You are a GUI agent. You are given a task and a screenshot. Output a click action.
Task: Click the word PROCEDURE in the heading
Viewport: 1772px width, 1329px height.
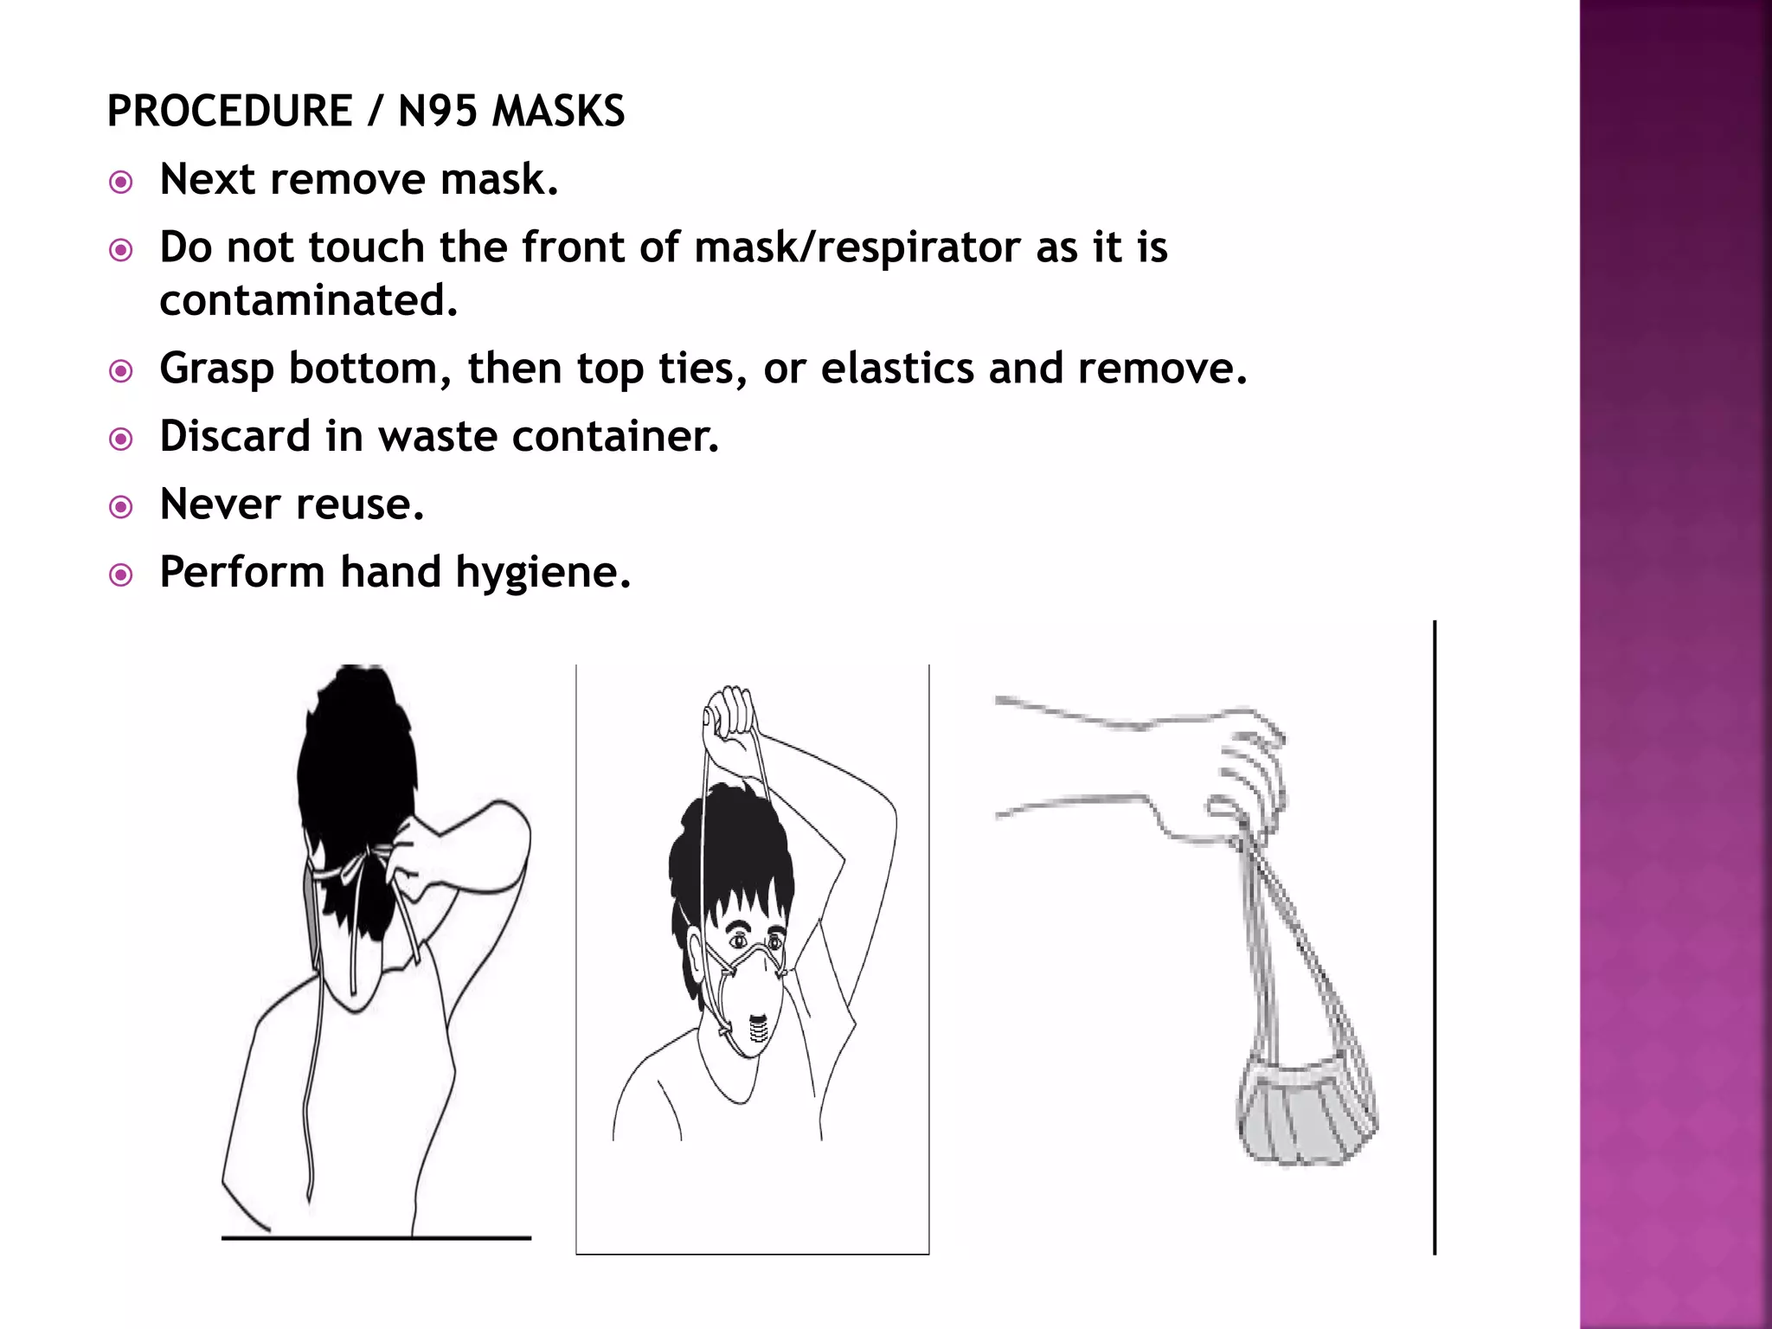click(229, 112)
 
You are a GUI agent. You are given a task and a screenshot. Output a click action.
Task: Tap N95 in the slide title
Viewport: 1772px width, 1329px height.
click(437, 112)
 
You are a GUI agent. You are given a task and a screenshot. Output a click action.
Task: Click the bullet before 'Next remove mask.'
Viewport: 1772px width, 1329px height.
click(121, 183)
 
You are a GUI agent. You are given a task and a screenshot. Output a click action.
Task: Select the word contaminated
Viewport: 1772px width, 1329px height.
click(308, 300)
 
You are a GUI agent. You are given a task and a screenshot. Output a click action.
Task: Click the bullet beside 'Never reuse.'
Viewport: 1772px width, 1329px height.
click(121, 507)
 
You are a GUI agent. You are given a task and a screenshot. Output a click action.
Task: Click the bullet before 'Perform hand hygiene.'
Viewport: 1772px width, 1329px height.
click(121, 575)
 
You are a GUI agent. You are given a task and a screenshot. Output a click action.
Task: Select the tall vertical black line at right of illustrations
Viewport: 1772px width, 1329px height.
click(1435, 934)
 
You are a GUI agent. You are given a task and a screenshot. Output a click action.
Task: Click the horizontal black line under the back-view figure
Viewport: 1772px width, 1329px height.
click(376, 1238)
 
